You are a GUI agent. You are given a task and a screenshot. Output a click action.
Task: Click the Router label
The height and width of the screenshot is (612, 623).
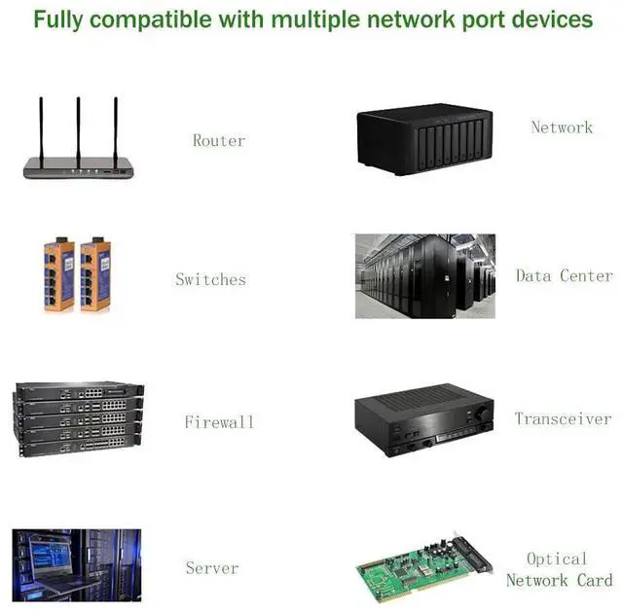click(x=218, y=140)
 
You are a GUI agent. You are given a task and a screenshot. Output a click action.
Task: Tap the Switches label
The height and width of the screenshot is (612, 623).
click(x=210, y=279)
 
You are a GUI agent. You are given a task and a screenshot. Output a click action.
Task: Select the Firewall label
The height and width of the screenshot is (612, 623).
click(x=219, y=421)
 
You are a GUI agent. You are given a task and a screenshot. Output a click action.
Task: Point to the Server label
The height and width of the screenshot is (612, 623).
click(x=212, y=567)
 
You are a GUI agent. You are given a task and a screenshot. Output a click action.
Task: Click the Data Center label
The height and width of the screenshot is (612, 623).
click(x=564, y=275)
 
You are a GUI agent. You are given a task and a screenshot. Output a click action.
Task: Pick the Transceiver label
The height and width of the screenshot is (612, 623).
click(x=563, y=418)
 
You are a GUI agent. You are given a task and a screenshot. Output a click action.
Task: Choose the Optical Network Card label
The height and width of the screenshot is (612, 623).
click(x=559, y=569)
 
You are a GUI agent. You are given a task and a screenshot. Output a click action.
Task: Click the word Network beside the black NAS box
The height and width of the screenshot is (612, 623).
click(x=562, y=126)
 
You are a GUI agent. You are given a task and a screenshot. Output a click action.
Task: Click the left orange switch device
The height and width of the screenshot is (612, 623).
click(x=58, y=275)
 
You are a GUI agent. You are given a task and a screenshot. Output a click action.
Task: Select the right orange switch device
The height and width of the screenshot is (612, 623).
click(x=94, y=275)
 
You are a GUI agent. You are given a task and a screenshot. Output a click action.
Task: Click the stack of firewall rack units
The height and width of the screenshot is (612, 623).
click(x=78, y=417)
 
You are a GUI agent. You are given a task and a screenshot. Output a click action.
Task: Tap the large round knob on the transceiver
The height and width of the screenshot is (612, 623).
click(x=479, y=414)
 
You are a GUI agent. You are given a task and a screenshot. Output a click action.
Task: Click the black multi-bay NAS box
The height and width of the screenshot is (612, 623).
click(x=424, y=140)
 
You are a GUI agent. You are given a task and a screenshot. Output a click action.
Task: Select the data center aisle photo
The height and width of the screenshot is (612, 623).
click(x=424, y=275)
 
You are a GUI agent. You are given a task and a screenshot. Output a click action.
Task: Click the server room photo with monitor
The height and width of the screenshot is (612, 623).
click(x=76, y=565)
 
